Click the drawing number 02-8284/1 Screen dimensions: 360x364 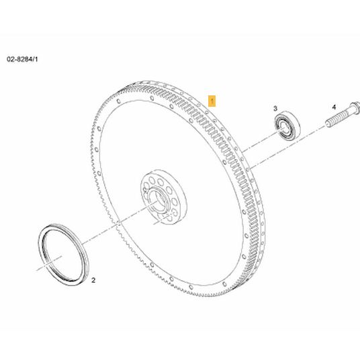click(22, 59)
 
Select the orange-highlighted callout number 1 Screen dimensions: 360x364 click(212, 101)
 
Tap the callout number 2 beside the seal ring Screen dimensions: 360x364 click(93, 280)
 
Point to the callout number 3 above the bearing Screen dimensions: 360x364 click(275, 108)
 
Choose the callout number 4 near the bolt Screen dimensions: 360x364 click(334, 107)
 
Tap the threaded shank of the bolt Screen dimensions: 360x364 click(339, 118)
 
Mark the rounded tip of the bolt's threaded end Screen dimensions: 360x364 click(328, 123)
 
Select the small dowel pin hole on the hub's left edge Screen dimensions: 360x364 click(144, 190)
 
